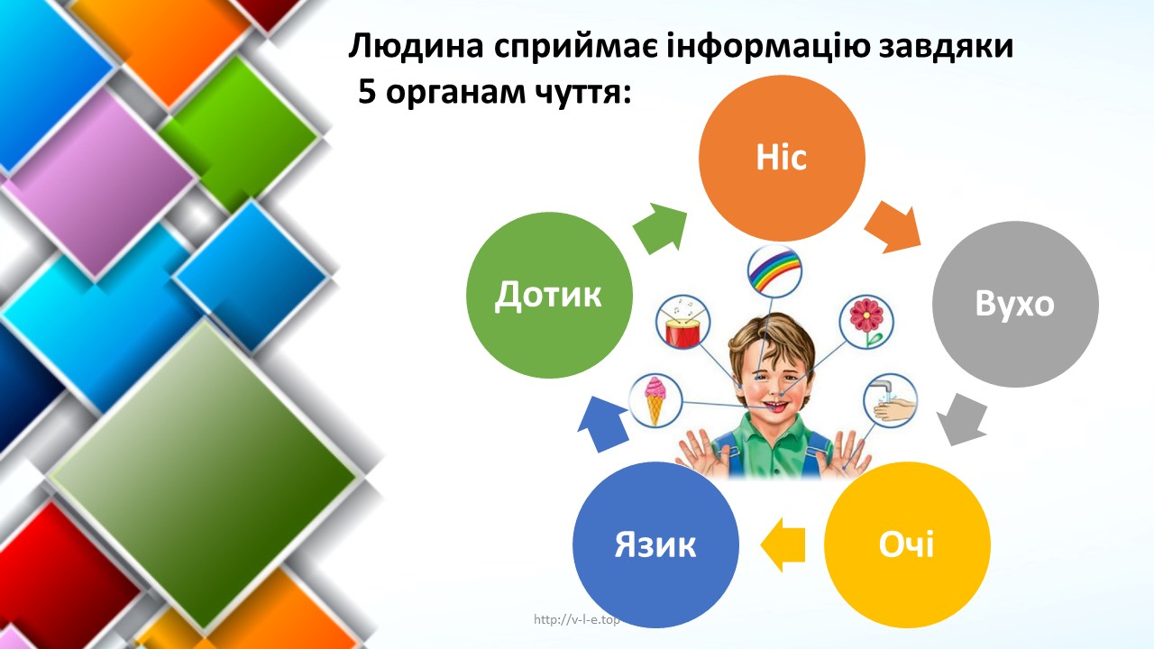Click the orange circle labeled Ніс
(x=782, y=158)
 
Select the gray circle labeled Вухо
(x=1015, y=304)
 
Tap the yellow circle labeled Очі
(x=907, y=544)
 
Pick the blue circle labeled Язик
(x=655, y=544)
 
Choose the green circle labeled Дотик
(x=549, y=295)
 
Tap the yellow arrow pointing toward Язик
(x=783, y=544)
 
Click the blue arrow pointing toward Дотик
(x=603, y=424)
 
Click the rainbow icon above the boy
(x=774, y=271)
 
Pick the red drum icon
(x=682, y=322)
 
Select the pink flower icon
(x=866, y=322)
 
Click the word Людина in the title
(x=417, y=46)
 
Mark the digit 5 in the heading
(x=367, y=93)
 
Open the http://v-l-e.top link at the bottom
(x=576, y=619)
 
